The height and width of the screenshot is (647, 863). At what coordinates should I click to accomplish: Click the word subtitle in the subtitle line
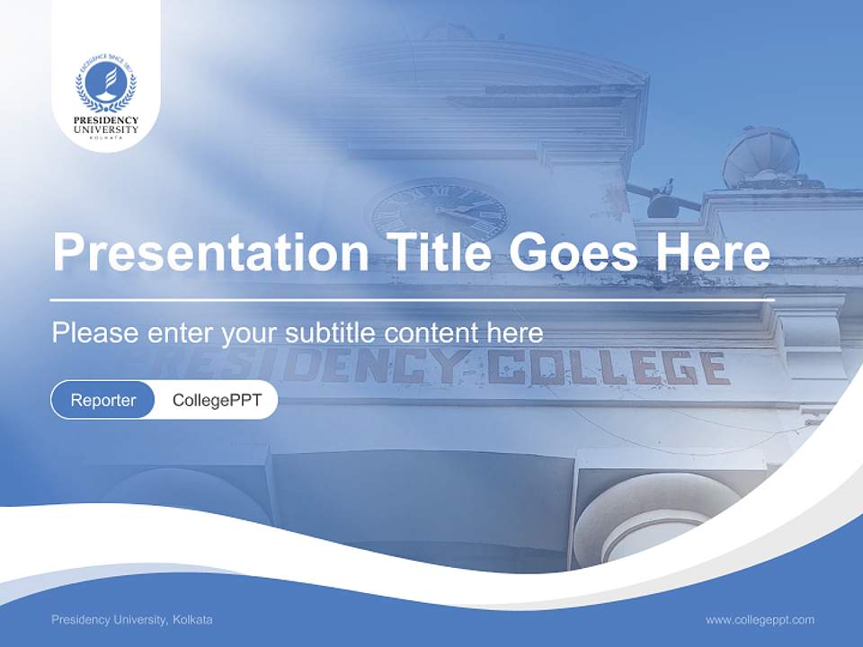[331, 332]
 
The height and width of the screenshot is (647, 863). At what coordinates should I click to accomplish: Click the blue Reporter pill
[102, 400]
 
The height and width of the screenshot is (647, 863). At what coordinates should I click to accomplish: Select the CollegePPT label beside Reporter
[217, 400]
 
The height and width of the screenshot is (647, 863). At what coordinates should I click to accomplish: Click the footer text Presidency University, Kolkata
[132, 620]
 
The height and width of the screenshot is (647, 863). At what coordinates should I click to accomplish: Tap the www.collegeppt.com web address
[760, 620]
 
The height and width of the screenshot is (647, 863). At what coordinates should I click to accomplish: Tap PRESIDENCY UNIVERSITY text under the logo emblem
[106, 125]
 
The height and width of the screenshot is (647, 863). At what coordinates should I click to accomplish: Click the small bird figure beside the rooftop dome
[666, 190]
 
